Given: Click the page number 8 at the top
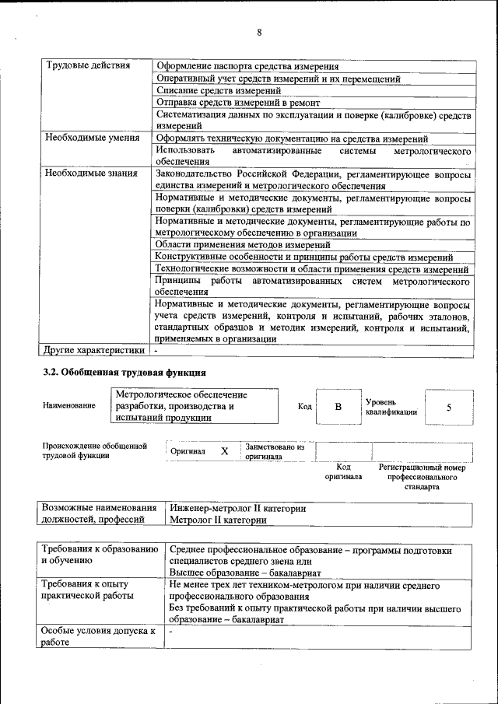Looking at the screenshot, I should pyautogui.click(x=258, y=32).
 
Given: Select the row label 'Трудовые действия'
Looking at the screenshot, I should pyautogui.click(x=87, y=65).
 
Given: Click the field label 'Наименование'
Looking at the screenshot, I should pyautogui.click(x=69, y=406).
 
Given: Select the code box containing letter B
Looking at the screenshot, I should pyautogui.click(x=338, y=407).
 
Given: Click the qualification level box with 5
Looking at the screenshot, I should pyautogui.click(x=448, y=407).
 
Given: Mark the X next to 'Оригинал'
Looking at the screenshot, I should pyautogui.click(x=224, y=451).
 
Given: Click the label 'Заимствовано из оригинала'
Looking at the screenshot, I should pyautogui.click(x=274, y=452).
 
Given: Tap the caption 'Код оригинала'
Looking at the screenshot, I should pyautogui.click(x=343, y=471).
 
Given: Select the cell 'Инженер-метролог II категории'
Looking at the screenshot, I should pyautogui.click(x=237, y=509).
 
